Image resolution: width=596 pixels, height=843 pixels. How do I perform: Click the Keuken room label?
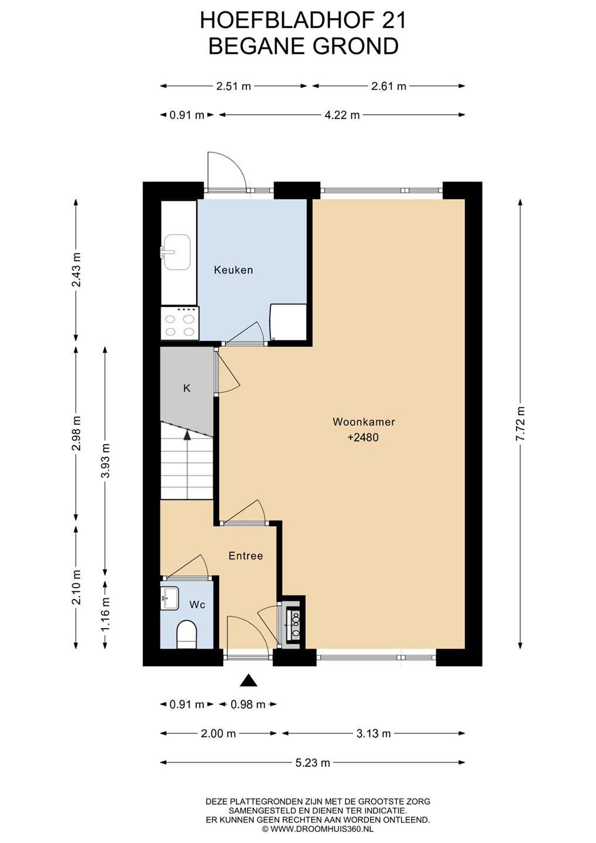coord(233,270)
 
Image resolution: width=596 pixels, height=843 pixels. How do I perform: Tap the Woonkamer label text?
coord(364,421)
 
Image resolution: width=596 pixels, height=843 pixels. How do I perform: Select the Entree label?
coord(246,556)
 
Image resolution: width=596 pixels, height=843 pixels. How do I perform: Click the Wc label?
coord(197,605)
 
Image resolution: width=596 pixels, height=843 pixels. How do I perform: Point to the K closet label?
coord(187,388)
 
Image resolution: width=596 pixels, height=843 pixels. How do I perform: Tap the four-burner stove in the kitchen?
coord(180,323)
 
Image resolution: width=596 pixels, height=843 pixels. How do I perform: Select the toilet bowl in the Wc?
coord(187,635)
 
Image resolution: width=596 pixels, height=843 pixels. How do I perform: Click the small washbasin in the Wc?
coord(170,598)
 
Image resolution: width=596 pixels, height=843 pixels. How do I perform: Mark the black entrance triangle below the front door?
coord(249,680)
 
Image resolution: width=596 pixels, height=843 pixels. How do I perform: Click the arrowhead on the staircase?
coord(187,434)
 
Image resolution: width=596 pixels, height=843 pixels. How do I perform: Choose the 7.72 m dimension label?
coord(520,423)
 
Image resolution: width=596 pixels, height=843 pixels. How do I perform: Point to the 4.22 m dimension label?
coord(342,115)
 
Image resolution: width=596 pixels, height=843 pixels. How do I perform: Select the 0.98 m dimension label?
coord(248,704)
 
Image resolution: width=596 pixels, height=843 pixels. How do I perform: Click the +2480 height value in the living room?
coord(363,437)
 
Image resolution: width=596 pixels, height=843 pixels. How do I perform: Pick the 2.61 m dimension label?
coord(389,86)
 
